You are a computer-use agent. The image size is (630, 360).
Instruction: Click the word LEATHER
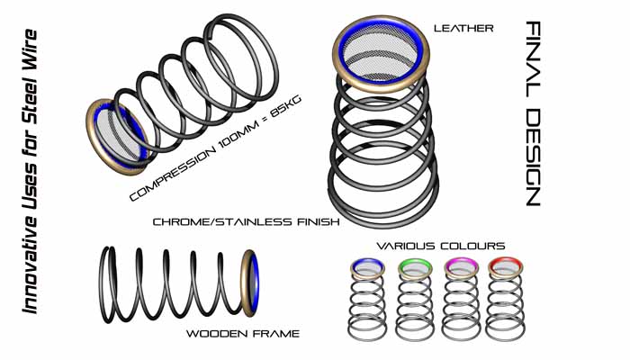click(463, 28)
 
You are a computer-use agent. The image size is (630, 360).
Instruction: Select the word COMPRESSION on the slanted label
click(173, 175)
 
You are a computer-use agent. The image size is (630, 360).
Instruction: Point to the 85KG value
click(286, 106)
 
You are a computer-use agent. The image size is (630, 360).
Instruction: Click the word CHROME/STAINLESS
click(222, 221)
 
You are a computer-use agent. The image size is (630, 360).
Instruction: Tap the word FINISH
click(318, 221)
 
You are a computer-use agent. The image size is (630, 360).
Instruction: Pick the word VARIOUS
click(406, 246)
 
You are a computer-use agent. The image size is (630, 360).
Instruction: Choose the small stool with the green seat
click(415, 300)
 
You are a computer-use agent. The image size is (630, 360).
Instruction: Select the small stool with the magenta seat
click(461, 300)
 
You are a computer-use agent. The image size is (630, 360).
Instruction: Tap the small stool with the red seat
click(505, 300)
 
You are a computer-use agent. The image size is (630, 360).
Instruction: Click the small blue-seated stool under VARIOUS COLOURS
click(367, 300)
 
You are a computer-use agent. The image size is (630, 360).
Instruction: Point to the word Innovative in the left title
click(30, 263)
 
